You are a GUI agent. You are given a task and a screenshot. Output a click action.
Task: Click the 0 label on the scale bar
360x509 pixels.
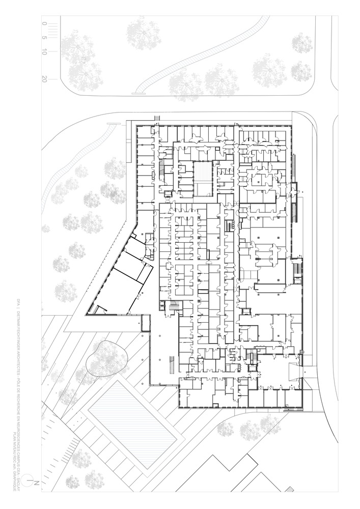click(x=45, y=23)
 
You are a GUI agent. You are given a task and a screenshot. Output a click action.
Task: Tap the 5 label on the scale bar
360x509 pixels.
click(x=45, y=38)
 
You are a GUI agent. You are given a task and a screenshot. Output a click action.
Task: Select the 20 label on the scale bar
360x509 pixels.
click(x=45, y=79)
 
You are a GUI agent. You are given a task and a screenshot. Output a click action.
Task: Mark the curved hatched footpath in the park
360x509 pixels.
click(x=204, y=53)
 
